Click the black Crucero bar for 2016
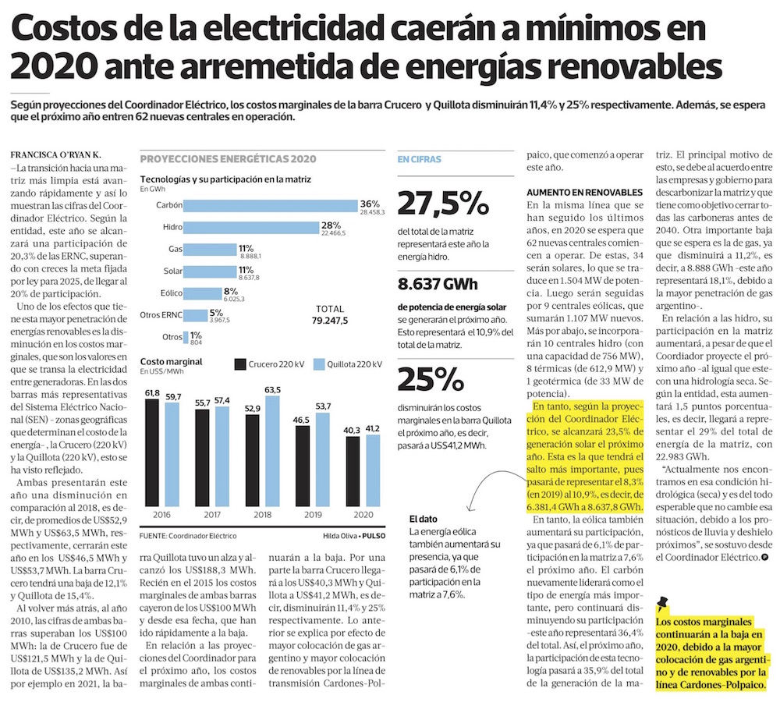(152, 452)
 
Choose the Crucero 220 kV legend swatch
(239, 364)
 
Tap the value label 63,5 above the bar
(273, 389)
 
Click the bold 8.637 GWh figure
(438, 283)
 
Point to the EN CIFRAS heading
(419, 159)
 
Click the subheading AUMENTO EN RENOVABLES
(584, 191)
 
